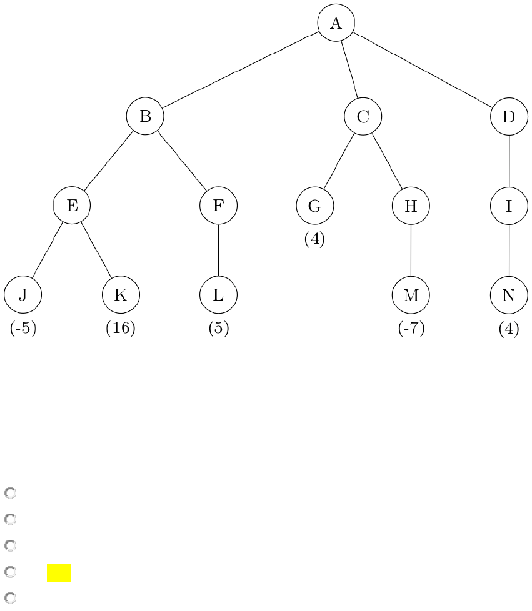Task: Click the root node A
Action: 336,23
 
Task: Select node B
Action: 145,116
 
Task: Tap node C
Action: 363,116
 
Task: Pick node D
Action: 509,116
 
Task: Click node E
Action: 72,205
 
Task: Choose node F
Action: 218,205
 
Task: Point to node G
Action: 314,205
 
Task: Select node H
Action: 411,205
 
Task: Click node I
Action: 509,205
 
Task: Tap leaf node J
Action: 23,294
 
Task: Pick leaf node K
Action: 121,294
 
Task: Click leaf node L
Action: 218,294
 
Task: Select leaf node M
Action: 411,294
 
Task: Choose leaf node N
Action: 509,294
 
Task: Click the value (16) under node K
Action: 121,329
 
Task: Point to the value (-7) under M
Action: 411,329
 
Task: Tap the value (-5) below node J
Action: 23,329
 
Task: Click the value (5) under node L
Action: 218,329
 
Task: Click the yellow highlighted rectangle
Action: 59,573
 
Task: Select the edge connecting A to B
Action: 241,70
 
